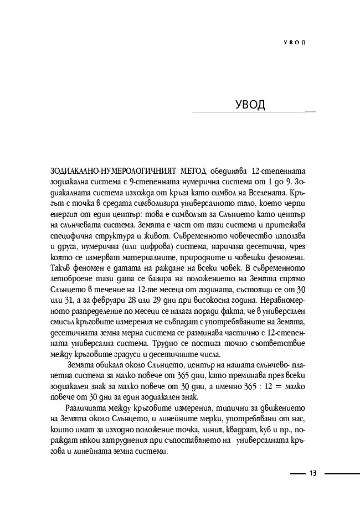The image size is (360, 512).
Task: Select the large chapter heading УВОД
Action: coord(250,105)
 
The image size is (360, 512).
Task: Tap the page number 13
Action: coord(313,473)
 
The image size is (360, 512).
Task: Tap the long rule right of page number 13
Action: coord(341,473)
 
